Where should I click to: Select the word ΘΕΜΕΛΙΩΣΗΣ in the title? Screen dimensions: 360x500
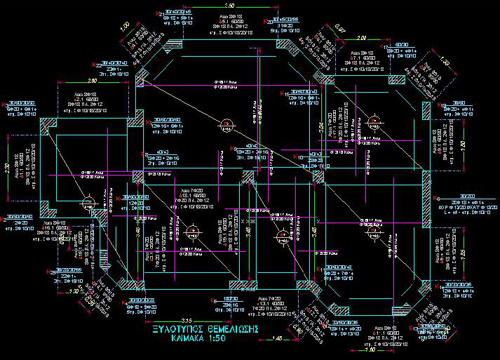coord(236,329)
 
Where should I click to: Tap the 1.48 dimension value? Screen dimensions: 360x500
coord(278,338)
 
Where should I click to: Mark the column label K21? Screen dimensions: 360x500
coord(158,12)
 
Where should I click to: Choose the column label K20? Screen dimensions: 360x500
coord(269,22)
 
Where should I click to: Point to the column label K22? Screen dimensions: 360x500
coord(97,62)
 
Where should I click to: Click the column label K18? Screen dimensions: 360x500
coord(440,105)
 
